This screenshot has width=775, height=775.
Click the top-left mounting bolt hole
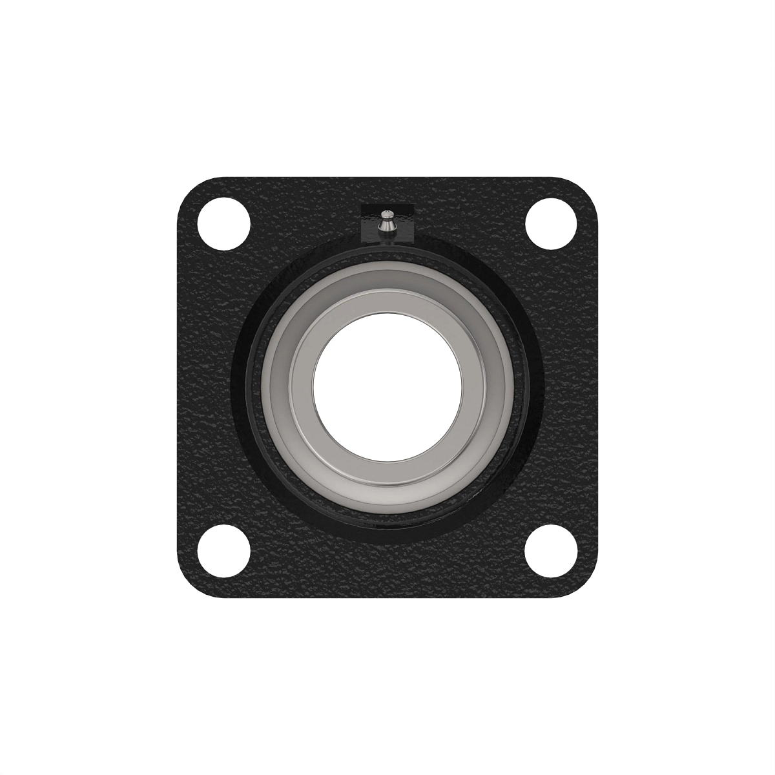[x=223, y=223]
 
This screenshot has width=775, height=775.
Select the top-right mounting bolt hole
[x=551, y=223]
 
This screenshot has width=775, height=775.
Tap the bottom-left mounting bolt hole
[x=223, y=551]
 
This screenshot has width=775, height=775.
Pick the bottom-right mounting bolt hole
[x=551, y=551]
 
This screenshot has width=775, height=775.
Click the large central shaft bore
[x=387, y=387]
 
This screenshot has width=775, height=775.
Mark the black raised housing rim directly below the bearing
[x=387, y=533]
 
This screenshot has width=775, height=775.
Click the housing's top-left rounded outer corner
[x=187, y=187]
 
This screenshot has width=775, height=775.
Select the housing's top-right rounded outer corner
[x=587, y=187]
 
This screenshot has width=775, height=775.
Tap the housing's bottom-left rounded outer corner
[x=187, y=587]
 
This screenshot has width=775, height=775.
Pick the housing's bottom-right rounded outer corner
[x=587, y=587]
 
